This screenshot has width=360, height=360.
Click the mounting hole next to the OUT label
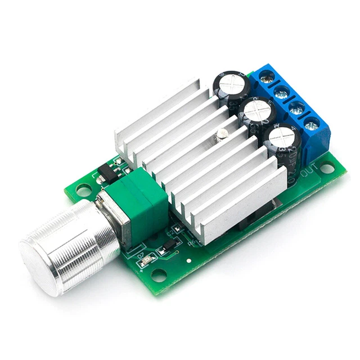click(326, 168)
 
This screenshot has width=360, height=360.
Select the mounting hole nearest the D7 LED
click(159, 276)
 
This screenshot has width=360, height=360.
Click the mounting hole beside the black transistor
click(84, 191)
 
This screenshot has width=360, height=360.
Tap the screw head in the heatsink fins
click(222, 133)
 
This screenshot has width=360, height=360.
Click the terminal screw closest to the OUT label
click(312, 123)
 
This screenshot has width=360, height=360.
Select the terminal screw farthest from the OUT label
click(268, 78)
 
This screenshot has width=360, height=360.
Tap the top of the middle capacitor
click(258, 110)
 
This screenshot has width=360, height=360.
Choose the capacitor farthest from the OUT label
click(232, 84)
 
